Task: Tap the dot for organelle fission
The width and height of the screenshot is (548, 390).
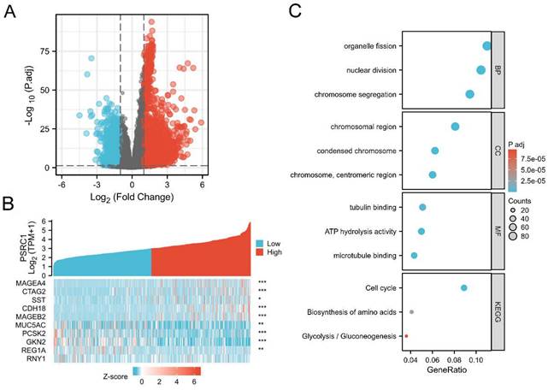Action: pyautogui.click(x=487, y=46)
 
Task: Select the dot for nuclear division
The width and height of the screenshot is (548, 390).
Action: pyautogui.click(x=480, y=70)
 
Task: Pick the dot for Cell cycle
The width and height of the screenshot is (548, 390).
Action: pyautogui.click(x=464, y=288)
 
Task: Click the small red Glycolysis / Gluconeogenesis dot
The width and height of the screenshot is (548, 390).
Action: pyautogui.click(x=406, y=336)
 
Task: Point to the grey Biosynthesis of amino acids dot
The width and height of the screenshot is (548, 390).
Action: pyautogui.click(x=412, y=312)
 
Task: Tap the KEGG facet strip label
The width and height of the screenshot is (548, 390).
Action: pyautogui.click(x=498, y=312)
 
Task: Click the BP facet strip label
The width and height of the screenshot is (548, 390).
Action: pyautogui.click(x=498, y=70)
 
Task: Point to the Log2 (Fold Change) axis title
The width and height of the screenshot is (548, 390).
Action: pyautogui.click(x=116, y=199)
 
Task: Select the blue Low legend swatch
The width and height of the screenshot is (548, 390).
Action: pyautogui.click(x=261, y=243)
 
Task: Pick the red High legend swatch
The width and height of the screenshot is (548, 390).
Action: pyautogui.click(x=261, y=255)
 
